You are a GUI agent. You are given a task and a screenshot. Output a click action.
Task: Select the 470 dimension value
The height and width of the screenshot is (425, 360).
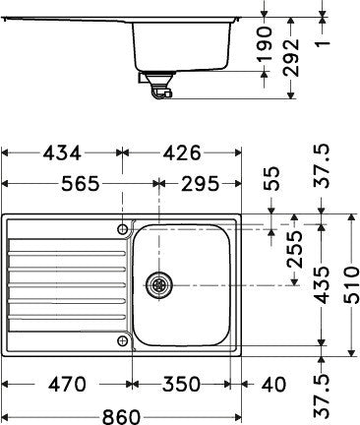tap(66, 383)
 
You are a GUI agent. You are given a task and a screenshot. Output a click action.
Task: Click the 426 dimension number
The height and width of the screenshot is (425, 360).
tap(178, 152)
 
